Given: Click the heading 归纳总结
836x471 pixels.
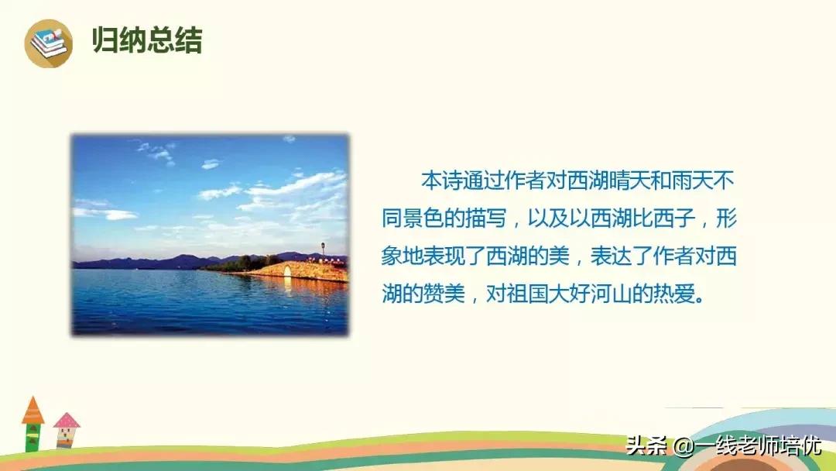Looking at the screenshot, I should (146, 40).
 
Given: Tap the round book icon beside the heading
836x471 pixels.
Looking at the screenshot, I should (48, 43).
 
